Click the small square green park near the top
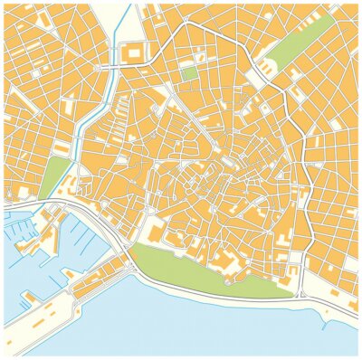click(189, 73)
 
